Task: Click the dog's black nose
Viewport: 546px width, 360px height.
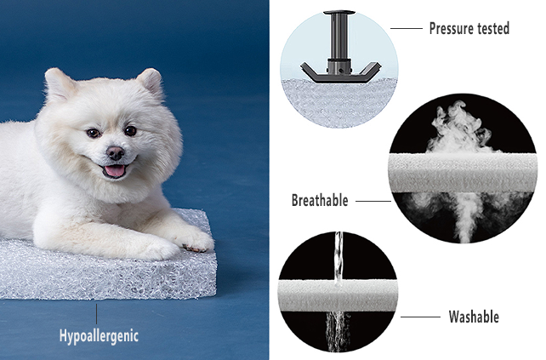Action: [116, 152]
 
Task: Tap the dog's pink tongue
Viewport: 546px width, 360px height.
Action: [115, 171]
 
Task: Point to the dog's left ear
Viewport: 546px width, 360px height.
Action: [151, 82]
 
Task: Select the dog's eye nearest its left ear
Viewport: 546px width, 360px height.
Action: [131, 131]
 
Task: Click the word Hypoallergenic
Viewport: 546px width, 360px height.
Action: [99, 336]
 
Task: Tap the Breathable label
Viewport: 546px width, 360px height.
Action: [320, 200]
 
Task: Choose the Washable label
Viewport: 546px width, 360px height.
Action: [474, 317]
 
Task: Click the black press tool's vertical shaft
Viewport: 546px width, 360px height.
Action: [338, 37]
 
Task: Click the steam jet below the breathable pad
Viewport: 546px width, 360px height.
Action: [465, 216]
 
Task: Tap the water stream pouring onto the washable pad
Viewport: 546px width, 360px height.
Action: [338, 256]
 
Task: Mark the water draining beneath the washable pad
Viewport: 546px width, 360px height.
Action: [338, 331]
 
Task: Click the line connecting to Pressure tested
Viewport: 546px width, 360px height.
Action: [407, 29]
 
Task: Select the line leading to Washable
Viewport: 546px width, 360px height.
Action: [420, 317]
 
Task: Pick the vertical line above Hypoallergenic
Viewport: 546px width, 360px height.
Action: [96, 314]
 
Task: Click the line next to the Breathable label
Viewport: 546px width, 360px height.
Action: [373, 201]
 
